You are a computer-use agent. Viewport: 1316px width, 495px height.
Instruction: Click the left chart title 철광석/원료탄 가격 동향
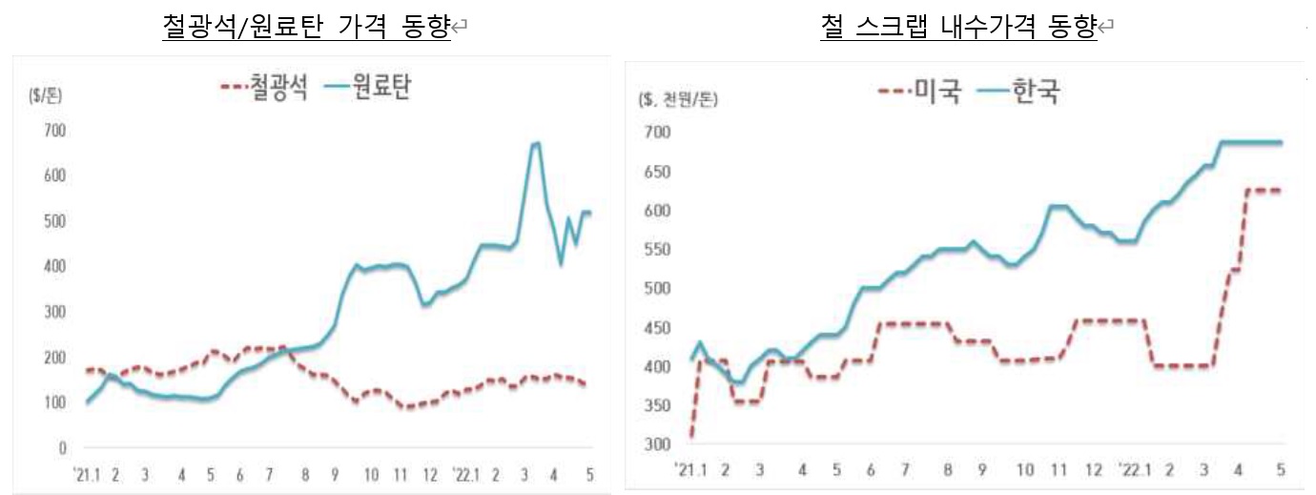pos(307,26)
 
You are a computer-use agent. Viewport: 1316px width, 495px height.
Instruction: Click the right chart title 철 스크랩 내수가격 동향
pos(958,26)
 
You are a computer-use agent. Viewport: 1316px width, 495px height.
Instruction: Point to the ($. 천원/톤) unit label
pos(676,99)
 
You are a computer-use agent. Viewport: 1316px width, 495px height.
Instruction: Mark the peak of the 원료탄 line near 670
pos(536,143)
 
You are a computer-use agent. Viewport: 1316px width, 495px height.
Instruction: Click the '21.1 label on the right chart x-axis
pos(688,469)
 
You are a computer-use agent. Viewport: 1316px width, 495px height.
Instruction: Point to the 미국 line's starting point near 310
pos(690,436)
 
